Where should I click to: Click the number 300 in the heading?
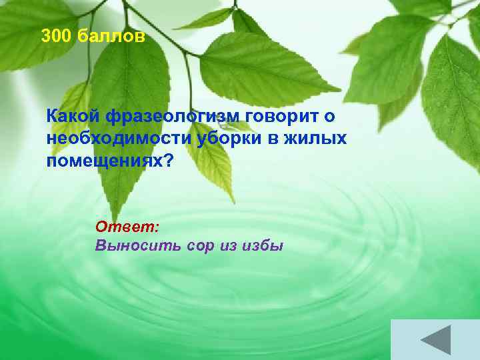point(56,37)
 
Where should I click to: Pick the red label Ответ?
point(124,227)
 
